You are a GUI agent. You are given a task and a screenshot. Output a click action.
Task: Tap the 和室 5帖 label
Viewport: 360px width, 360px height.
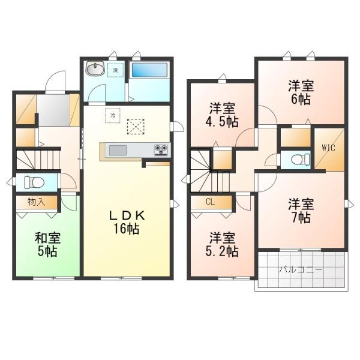click(x=46, y=245)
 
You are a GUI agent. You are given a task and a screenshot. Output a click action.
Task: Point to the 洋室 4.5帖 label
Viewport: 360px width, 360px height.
click(x=223, y=115)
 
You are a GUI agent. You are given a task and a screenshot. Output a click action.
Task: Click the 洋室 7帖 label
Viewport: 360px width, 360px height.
click(x=299, y=210)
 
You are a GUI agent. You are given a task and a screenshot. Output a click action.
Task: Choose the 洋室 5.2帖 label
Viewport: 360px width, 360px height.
click(x=223, y=242)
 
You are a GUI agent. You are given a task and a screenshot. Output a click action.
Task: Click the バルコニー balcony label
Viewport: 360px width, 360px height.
click(x=300, y=269)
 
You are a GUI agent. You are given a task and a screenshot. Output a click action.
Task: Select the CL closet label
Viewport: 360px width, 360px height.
click(x=210, y=202)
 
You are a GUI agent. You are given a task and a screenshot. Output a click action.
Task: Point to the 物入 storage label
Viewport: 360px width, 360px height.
click(x=35, y=202)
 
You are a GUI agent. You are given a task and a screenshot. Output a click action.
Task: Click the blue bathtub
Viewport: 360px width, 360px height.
click(x=149, y=70)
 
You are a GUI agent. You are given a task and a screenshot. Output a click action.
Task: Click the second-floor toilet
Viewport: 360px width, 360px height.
click(x=297, y=160)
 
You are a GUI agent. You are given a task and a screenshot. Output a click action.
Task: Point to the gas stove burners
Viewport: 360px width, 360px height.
click(x=161, y=148)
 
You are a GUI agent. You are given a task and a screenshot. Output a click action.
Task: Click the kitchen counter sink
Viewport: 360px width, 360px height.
click(x=117, y=149)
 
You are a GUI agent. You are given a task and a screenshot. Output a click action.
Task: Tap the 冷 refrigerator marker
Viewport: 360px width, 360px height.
click(x=113, y=114)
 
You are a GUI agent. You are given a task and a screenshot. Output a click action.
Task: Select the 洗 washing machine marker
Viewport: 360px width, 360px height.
click(x=116, y=70)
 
